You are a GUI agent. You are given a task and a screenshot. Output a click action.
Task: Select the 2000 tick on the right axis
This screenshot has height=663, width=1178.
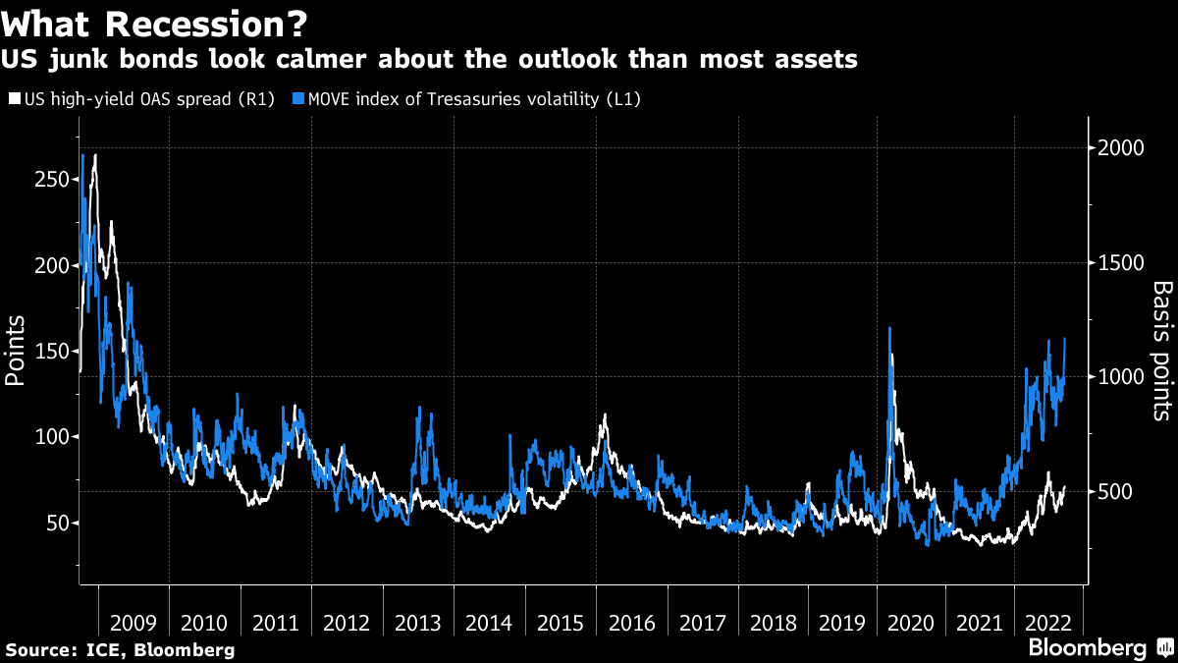[x=1121, y=147]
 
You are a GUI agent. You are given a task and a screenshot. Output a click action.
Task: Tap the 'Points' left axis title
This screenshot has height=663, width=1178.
[x=17, y=352]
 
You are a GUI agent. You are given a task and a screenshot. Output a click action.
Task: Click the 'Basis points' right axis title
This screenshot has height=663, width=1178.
[x=1161, y=350]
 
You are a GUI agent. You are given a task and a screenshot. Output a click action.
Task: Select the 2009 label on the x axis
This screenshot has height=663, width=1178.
[x=134, y=623]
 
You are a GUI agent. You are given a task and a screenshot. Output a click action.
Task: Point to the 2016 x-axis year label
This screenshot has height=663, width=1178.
[x=632, y=623]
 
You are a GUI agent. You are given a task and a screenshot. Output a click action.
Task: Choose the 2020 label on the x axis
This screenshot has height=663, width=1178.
[x=916, y=623]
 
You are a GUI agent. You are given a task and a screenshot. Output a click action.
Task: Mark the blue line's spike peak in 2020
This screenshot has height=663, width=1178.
[x=889, y=328]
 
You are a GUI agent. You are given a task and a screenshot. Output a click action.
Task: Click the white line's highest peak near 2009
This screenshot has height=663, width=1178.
[x=94, y=155]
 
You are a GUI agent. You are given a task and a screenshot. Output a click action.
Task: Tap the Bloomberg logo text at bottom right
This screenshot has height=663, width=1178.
[x=1088, y=648]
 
